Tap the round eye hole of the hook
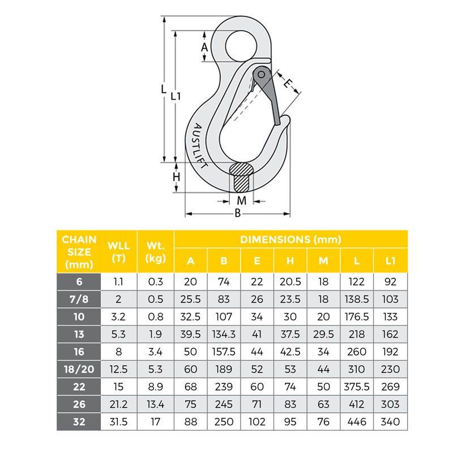pos(241,46)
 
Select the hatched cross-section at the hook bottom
pos(241,177)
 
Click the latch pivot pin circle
pos(261,75)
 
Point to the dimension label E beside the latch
pos(288,83)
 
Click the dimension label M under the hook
pos(242,200)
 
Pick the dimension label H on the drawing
pos(176,177)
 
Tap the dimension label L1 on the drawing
pos(176,96)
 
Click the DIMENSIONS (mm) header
pos(290,239)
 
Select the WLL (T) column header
pos(118,251)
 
